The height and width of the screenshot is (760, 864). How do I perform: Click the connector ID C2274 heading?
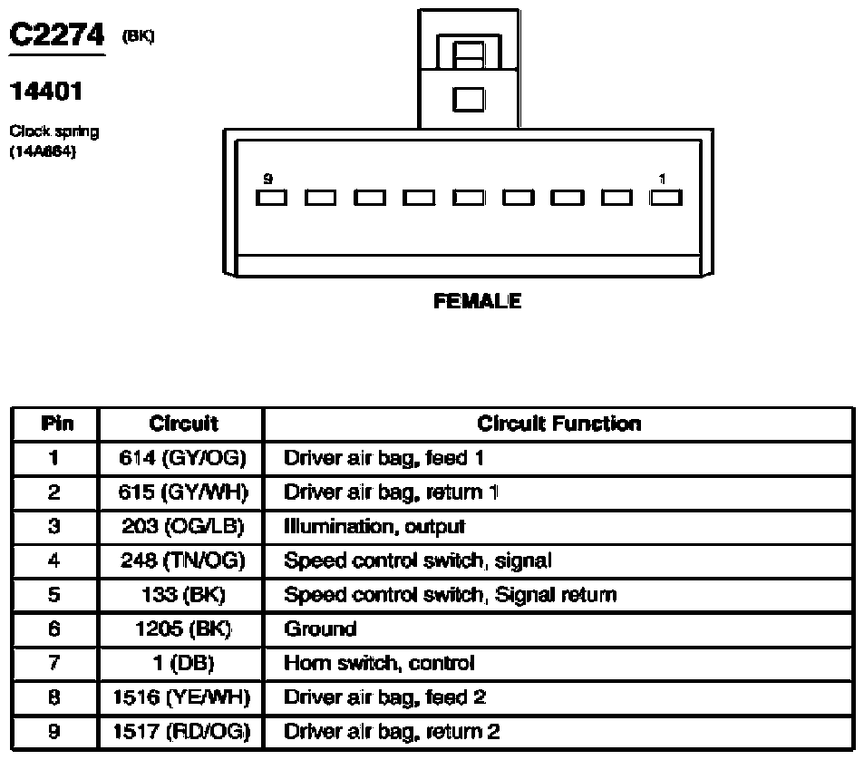click(57, 34)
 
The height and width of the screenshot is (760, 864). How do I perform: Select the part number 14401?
click(46, 92)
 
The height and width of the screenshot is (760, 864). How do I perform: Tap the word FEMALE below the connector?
click(477, 301)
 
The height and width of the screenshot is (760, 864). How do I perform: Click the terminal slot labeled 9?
click(271, 198)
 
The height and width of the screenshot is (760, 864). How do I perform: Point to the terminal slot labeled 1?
click(665, 198)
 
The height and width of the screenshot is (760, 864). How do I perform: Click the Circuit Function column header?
click(559, 424)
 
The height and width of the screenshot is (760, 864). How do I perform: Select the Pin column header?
click(57, 424)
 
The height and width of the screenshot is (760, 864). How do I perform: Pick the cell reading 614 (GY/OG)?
click(182, 458)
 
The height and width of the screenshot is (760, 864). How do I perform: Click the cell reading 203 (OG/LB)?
click(182, 526)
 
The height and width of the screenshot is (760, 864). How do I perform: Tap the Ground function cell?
click(320, 628)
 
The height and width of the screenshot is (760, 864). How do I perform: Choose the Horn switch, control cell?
click(379, 663)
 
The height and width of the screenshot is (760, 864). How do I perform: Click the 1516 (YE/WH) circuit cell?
click(182, 697)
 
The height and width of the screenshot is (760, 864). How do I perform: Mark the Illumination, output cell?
click(374, 527)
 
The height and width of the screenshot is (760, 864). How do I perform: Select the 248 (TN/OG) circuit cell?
click(182, 560)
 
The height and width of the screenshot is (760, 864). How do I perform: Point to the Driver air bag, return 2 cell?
click(392, 731)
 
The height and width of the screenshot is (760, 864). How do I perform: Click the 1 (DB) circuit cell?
click(183, 663)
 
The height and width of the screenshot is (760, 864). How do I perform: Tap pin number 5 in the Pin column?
click(54, 595)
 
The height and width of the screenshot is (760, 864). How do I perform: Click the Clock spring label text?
click(54, 132)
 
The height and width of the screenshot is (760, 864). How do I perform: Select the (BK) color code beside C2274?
click(139, 36)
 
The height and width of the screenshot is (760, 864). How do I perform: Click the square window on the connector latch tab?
click(469, 100)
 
